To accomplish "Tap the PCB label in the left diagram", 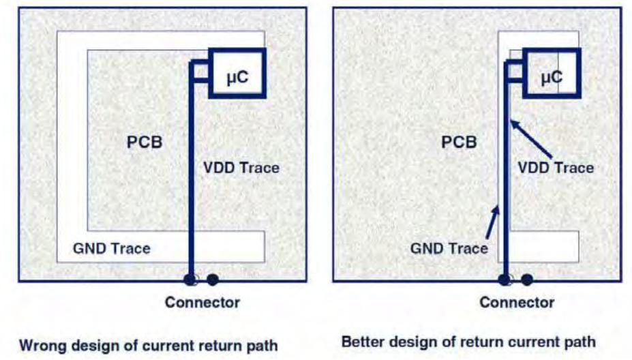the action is click(x=145, y=142).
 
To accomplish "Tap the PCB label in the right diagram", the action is click(x=459, y=142).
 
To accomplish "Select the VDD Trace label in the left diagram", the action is click(x=241, y=168).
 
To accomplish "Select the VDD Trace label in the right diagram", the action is click(x=556, y=168).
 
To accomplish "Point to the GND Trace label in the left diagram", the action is click(x=112, y=248).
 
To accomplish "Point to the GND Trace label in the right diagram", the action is click(x=449, y=248).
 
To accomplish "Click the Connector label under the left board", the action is click(x=202, y=302).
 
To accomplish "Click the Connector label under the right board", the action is click(x=517, y=302).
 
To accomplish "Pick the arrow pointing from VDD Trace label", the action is click(x=531, y=138).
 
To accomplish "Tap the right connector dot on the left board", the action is click(x=213, y=280).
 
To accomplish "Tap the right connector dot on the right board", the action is click(x=527, y=280).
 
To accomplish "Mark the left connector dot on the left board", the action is click(x=190, y=280).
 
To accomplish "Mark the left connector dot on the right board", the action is click(x=505, y=280).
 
